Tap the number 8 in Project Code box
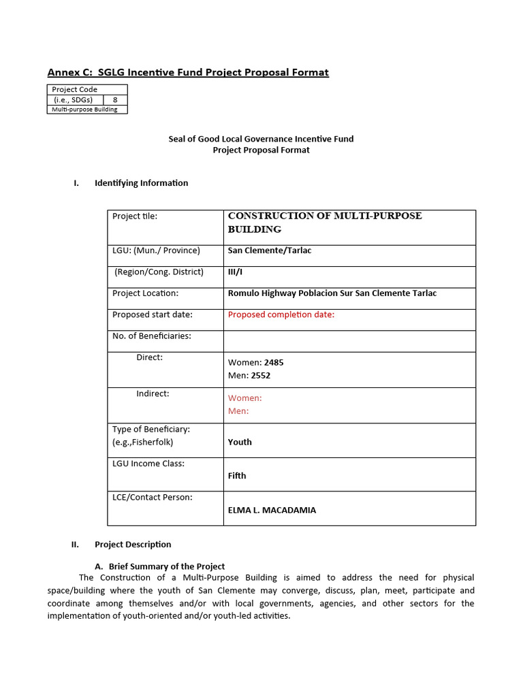115,99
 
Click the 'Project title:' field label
135,216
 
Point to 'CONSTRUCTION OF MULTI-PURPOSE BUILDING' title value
325,223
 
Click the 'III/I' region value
235,272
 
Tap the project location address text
332,293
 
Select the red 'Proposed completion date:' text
281,314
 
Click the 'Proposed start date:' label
153,314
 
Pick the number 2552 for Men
261,375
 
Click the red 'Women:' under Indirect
244,398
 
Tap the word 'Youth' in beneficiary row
240,442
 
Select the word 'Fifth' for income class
237,476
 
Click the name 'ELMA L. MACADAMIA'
272,510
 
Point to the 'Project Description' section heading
133,545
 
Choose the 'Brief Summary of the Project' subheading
166,566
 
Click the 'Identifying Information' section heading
141,183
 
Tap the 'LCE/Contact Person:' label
152,497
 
